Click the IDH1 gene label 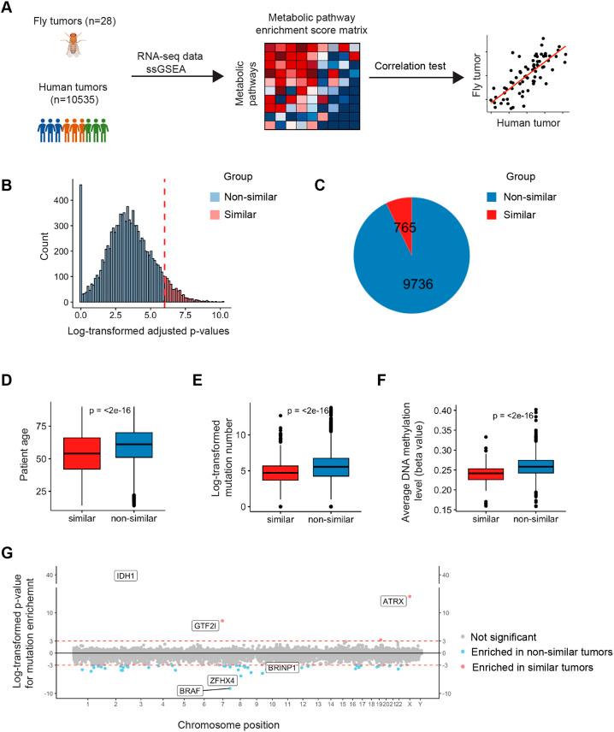(x=127, y=576)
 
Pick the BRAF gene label (x=189, y=690)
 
